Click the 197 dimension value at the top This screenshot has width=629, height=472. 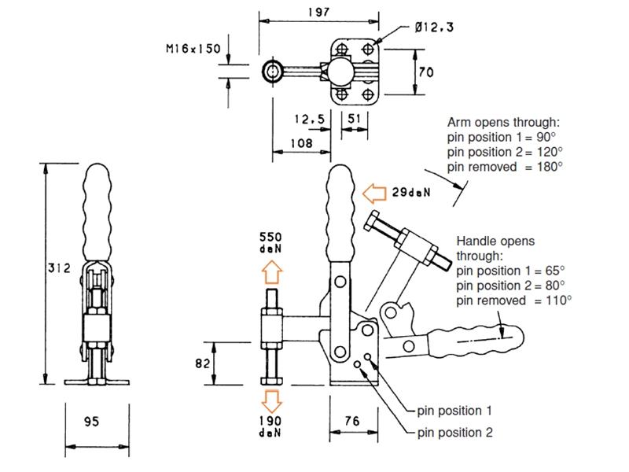[318, 11]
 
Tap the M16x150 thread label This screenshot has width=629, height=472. [193, 49]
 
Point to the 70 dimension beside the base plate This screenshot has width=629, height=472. [426, 72]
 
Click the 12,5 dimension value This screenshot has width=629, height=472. [309, 119]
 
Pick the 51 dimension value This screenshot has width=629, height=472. [355, 119]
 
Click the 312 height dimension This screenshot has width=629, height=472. [60, 268]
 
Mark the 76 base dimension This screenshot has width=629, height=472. [352, 422]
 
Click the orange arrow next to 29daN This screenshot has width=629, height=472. [374, 191]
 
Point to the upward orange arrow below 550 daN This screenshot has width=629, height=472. [270, 272]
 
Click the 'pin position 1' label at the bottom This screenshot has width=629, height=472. [455, 411]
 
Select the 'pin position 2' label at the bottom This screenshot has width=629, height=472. [455, 432]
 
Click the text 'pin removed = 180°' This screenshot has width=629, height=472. [505, 166]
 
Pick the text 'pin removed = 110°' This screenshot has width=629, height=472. [514, 300]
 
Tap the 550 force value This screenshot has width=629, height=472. [270, 237]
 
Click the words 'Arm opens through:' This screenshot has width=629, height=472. [503, 122]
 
